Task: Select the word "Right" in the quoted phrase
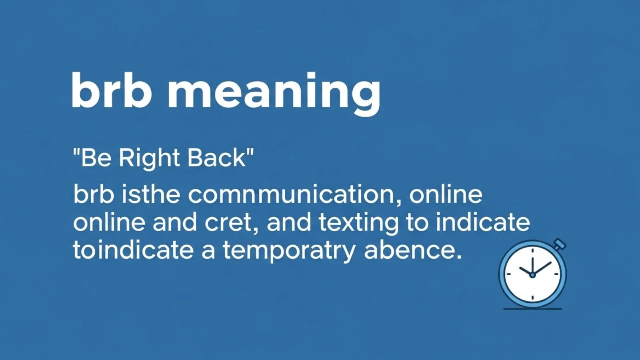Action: click(x=149, y=158)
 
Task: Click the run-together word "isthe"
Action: click(x=150, y=194)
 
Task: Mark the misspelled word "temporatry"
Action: click(x=289, y=251)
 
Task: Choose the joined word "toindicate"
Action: click(x=133, y=250)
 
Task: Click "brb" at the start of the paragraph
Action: click(x=94, y=194)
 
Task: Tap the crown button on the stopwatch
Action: click(x=560, y=244)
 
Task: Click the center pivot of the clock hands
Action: click(x=532, y=275)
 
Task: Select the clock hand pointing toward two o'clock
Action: click(x=542, y=268)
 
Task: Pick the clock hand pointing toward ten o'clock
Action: click(x=526, y=270)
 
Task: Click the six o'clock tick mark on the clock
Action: click(x=532, y=297)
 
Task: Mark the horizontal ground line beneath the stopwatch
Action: click(x=532, y=309)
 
